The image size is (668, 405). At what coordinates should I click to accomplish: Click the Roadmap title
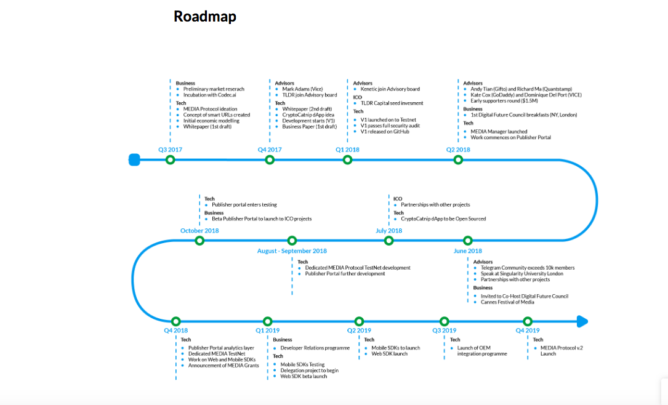pyautogui.click(x=205, y=17)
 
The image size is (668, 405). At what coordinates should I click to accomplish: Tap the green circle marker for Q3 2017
pyautogui.click(x=171, y=160)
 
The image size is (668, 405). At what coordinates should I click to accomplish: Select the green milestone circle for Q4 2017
pyautogui.click(x=270, y=160)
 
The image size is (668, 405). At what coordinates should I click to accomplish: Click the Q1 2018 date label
pyautogui.click(x=347, y=150)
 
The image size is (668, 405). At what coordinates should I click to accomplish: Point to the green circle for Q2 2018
pyautogui.click(x=458, y=160)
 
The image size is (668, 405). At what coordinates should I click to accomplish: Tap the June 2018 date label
pyautogui.click(x=468, y=251)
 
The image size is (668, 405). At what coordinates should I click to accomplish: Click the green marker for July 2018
pyautogui.click(x=389, y=241)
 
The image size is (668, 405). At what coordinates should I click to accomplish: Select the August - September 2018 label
pyautogui.click(x=292, y=251)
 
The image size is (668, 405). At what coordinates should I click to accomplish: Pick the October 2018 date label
pyautogui.click(x=199, y=231)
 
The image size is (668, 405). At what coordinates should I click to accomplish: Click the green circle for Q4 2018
pyautogui.click(x=176, y=321)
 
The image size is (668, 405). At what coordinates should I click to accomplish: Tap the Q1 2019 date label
pyautogui.click(x=268, y=331)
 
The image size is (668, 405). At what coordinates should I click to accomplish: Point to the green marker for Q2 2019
pyautogui.click(x=360, y=321)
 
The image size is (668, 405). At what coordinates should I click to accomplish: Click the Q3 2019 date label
pyautogui.click(x=445, y=331)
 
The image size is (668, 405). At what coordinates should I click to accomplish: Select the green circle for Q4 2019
pyautogui.click(x=528, y=321)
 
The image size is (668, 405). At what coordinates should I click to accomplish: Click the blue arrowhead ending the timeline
pyautogui.click(x=582, y=321)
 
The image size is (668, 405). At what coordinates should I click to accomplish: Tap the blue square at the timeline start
pyautogui.click(x=134, y=160)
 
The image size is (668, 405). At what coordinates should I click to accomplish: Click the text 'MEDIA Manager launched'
pyautogui.click(x=499, y=131)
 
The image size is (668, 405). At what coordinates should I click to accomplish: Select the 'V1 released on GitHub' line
pyautogui.click(x=387, y=132)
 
